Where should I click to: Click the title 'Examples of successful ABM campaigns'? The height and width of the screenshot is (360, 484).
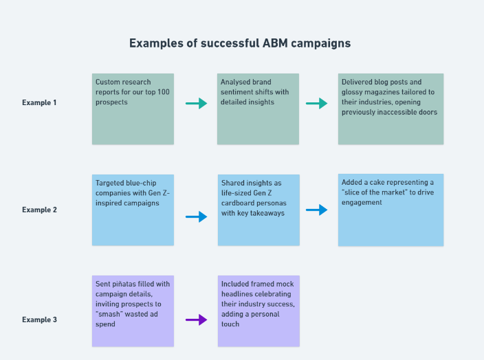tap(240, 43)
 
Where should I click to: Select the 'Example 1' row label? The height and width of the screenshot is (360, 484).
tap(39, 103)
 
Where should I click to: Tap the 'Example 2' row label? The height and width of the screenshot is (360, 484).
tap(39, 210)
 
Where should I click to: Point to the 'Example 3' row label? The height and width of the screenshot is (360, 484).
tap(39, 319)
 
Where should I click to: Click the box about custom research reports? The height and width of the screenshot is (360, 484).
tap(133, 109)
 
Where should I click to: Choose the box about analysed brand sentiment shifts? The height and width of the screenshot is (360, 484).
tap(258, 109)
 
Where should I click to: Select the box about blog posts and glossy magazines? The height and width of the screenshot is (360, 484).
tap(390, 109)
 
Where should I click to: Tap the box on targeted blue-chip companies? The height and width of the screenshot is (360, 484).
tap(133, 210)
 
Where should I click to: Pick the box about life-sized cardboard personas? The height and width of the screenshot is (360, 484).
tap(258, 210)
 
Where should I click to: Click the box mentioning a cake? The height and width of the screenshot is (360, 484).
tap(390, 210)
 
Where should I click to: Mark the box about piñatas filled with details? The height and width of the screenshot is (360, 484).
tap(133, 311)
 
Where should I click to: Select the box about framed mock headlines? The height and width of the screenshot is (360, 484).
tap(258, 311)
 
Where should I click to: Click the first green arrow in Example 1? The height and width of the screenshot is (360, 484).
tap(197, 103)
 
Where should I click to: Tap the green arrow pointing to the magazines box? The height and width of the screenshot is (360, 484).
tap(317, 103)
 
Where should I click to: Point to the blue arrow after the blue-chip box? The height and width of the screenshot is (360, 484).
tap(197, 216)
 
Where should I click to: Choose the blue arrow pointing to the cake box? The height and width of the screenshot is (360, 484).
tap(317, 210)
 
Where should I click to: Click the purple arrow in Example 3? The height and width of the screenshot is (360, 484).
tap(197, 319)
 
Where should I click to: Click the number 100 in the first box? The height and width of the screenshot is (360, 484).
tap(164, 92)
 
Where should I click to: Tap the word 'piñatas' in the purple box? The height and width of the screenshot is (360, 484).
tap(124, 284)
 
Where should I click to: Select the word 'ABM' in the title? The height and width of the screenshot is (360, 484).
tap(275, 43)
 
